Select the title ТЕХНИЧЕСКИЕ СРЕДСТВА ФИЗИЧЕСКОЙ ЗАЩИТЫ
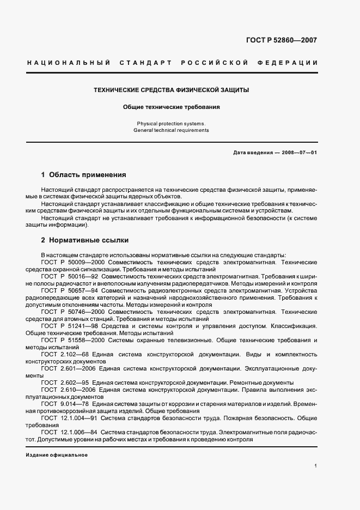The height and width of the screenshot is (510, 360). click(x=172, y=89)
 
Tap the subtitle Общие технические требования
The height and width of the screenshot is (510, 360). click(x=172, y=107)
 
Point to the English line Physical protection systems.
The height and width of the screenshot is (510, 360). click(x=172, y=124)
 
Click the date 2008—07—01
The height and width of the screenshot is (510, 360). click(x=298, y=153)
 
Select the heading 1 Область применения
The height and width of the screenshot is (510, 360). click(x=84, y=175)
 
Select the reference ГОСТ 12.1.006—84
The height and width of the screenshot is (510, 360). click(x=66, y=432)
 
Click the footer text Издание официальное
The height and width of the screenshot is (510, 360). click(x=57, y=454)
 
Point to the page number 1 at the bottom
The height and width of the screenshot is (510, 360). click(x=316, y=466)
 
